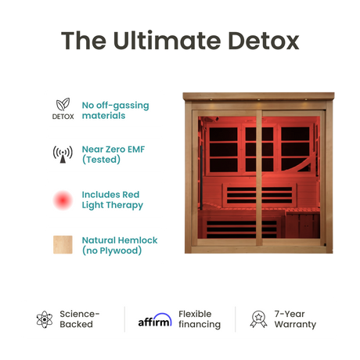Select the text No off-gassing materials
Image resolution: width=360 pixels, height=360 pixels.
tap(114, 110)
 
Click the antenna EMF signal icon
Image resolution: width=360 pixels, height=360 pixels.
tap(63, 154)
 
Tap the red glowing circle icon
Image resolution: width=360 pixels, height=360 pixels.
tap(63, 200)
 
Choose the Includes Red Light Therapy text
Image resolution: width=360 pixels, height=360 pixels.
tap(112, 200)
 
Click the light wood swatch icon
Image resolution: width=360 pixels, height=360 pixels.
tap(63, 246)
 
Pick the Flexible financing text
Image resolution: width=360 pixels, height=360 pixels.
tap(200, 319)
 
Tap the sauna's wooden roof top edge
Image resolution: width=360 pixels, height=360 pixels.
tap(257, 95)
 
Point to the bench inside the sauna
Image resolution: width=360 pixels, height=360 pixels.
tap(258, 214)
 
